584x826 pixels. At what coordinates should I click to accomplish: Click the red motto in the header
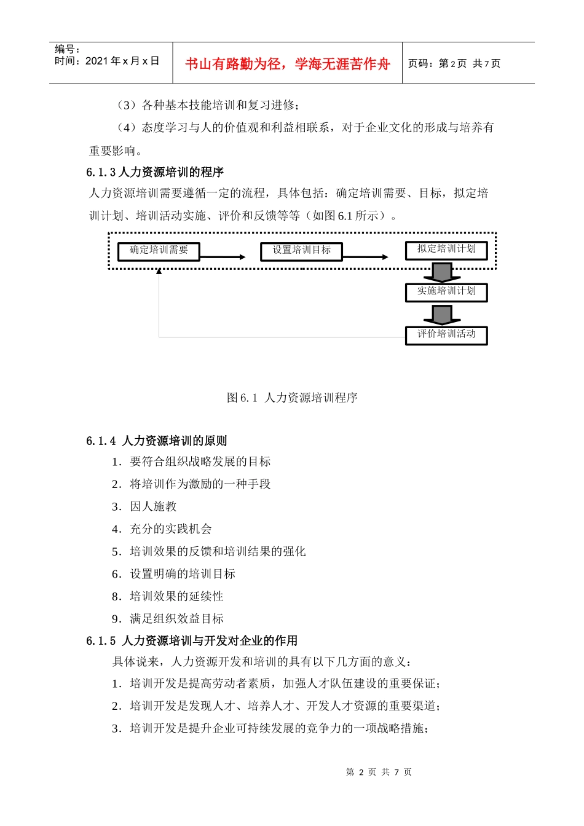click(287, 64)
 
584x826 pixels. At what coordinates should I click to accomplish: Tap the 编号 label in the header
click(67, 49)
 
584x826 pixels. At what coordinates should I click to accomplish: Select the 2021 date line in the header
click(107, 61)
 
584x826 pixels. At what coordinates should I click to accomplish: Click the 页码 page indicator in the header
click(454, 63)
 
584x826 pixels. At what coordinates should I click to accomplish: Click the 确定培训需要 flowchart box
click(159, 251)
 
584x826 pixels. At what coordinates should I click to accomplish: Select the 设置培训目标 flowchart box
click(301, 251)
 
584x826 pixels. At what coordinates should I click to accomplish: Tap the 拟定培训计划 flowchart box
click(446, 250)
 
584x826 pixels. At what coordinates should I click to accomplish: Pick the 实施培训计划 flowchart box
click(446, 292)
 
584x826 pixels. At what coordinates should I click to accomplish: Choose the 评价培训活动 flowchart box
click(446, 335)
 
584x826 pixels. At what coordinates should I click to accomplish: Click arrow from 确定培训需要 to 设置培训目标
click(223, 257)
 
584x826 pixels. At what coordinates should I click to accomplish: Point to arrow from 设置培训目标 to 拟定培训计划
click(366, 257)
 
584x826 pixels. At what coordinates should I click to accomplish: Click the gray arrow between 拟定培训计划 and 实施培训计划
click(442, 272)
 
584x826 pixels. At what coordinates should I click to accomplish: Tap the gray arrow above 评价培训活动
click(442, 314)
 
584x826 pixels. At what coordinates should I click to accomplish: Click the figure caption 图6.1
click(292, 398)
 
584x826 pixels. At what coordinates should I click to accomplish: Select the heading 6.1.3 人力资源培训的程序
click(155, 172)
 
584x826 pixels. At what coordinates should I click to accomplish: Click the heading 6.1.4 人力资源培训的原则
click(157, 441)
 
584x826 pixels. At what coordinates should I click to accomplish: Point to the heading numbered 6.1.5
click(192, 640)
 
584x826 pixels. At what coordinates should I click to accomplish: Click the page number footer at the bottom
click(379, 772)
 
